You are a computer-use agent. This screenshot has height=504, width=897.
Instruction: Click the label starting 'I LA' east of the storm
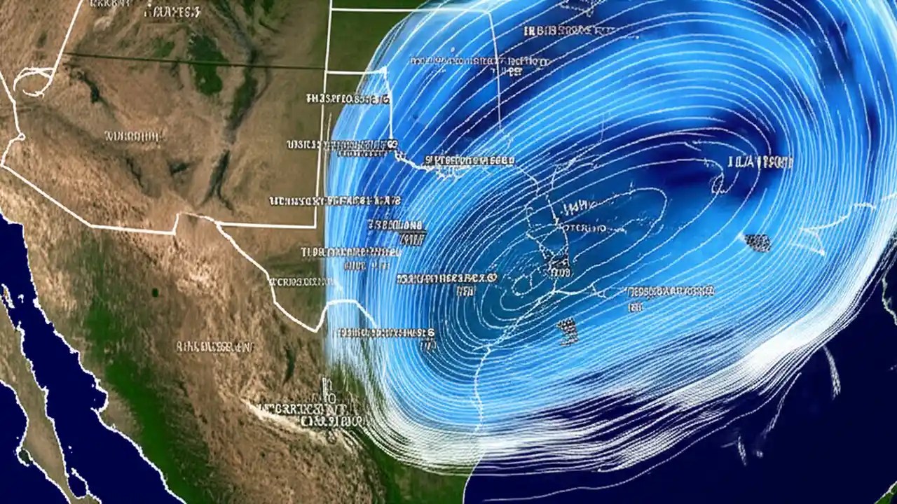point(761,162)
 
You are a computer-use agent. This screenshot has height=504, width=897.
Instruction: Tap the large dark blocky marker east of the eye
point(757,243)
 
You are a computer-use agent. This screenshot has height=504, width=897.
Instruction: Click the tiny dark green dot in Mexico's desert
point(153,292)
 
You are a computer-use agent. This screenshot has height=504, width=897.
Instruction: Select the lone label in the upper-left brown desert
point(134,136)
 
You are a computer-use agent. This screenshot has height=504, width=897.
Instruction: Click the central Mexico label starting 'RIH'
point(214,346)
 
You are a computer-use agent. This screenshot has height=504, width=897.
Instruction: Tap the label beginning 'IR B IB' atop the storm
point(568,31)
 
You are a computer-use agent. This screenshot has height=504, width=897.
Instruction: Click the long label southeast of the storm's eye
point(669,290)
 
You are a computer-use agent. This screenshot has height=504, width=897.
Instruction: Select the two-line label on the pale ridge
point(313,413)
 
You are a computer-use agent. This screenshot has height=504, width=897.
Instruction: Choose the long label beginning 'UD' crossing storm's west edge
point(335,201)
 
